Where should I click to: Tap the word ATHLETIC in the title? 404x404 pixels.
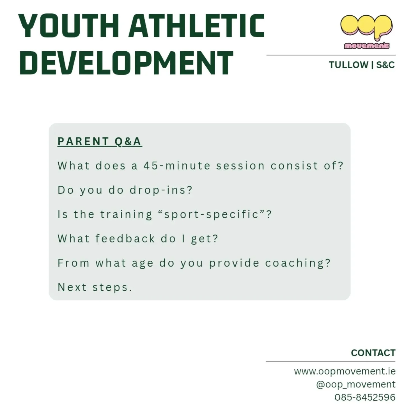[196, 26]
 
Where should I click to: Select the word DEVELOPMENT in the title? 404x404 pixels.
[126, 63]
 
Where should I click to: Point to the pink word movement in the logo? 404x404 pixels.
[366, 45]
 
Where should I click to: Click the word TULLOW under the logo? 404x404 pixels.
[348, 65]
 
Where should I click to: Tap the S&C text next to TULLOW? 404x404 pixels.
[385, 65]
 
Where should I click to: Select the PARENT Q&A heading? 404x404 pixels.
[100, 141]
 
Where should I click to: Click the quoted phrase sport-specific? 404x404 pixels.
[211, 215]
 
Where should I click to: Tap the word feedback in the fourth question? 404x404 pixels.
[125, 239]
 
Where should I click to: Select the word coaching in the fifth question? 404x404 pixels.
[298, 263]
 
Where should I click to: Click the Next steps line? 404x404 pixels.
[95, 288]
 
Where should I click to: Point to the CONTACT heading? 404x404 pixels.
[373, 353]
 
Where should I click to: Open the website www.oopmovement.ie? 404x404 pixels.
[345, 371]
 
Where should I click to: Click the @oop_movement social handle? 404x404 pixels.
[355, 384]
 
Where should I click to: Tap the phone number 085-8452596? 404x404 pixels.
[365, 397]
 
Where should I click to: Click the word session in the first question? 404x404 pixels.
[240, 166]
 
